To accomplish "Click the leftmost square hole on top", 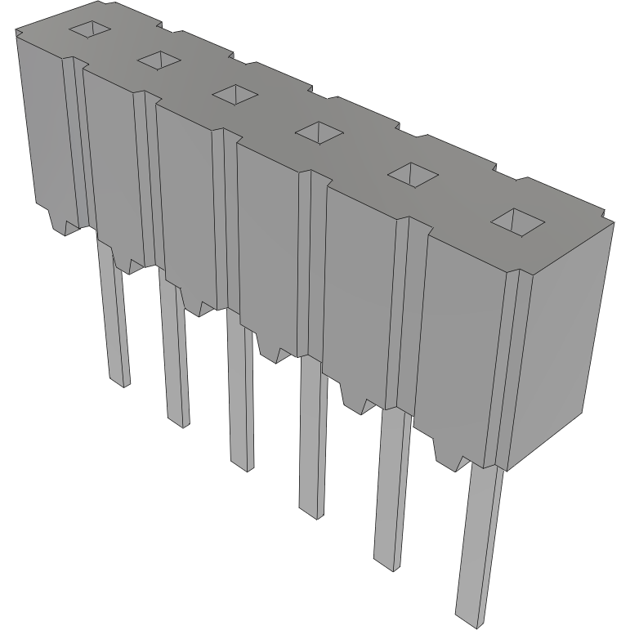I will tap(88, 29).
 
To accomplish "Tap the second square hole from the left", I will tap(159, 59).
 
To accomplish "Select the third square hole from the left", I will tap(235, 93).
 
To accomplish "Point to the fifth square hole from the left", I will tap(412, 172).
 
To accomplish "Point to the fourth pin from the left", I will tap(311, 441).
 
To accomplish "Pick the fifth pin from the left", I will tap(391, 490).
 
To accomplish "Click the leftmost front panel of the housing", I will tap(45, 131).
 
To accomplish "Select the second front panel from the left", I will tap(110, 163).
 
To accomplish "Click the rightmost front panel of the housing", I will tap(462, 351).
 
